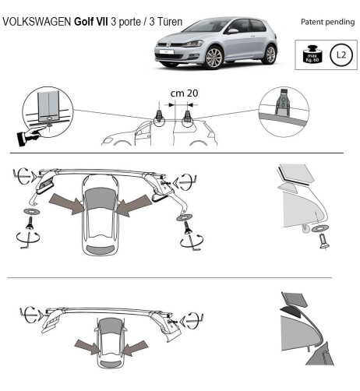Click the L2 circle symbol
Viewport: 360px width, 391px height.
(x=341, y=55)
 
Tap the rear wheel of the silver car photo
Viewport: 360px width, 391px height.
(x=269, y=55)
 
